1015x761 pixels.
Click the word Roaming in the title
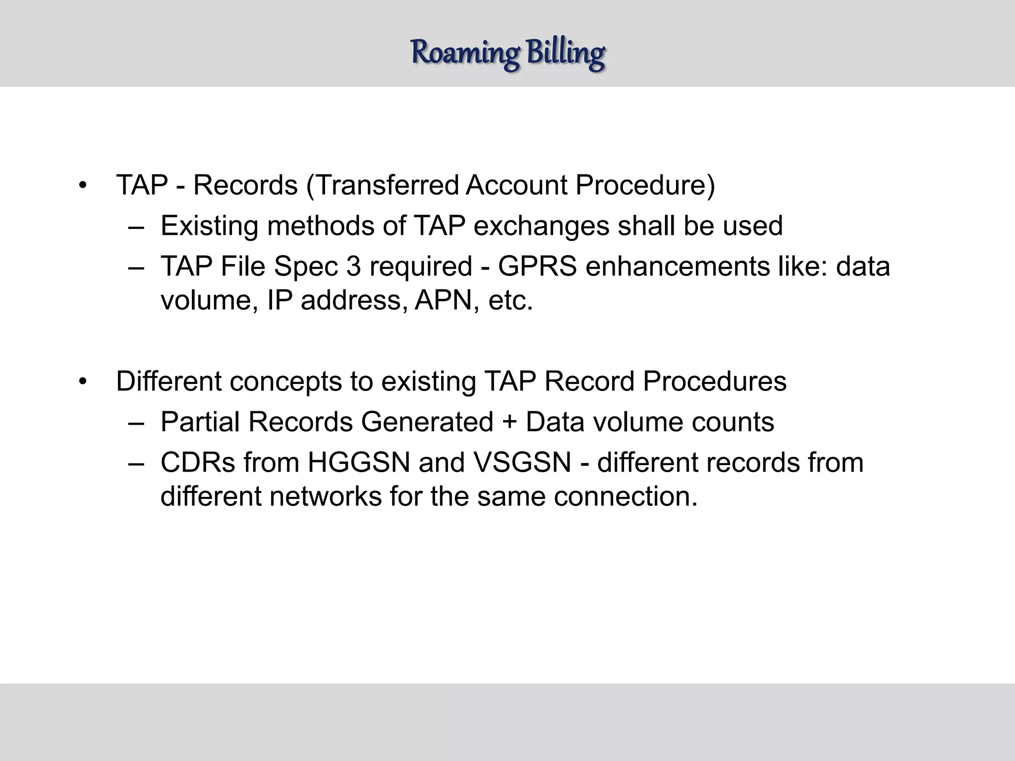tap(465, 53)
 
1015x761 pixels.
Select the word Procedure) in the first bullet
tap(645, 185)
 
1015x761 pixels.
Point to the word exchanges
tap(541, 226)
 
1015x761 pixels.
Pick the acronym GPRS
tap(537, 267)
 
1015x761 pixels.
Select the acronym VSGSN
tap(522, 463)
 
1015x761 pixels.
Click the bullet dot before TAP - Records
tap(83, 186)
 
